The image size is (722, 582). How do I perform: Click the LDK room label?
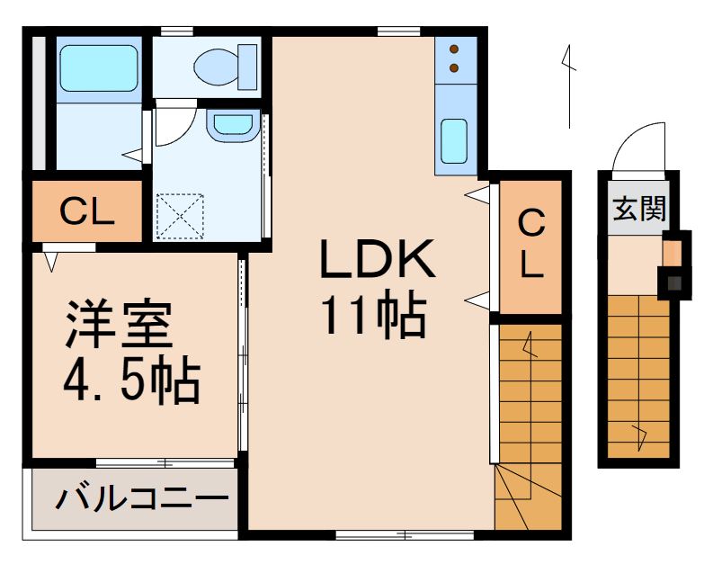click(379, 262)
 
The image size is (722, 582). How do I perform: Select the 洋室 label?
click(118, 327)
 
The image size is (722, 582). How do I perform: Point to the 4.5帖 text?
click(130, 381)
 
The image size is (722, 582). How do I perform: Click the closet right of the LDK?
click(530, 244)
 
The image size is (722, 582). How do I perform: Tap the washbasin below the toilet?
click(230, 125)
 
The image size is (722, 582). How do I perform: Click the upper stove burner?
click(454, 49)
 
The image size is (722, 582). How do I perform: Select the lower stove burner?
click(454, 67)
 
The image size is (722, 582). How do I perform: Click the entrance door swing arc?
click(636, 144)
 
